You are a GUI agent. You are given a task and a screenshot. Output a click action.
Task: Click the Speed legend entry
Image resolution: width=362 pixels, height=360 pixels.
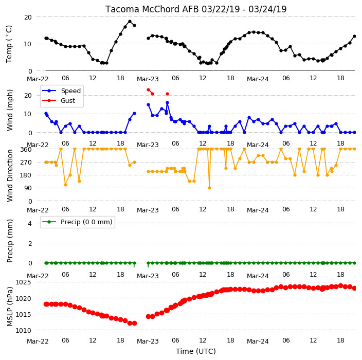click(x=61, y=91)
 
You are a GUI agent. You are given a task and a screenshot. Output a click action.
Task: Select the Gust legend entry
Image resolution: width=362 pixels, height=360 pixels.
click(x=59, y=101)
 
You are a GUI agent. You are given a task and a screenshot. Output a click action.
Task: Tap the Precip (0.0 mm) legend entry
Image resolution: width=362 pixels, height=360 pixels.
click(x=77, y=222)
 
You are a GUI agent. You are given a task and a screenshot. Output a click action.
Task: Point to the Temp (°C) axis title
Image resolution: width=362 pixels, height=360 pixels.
click(x=9, y=44)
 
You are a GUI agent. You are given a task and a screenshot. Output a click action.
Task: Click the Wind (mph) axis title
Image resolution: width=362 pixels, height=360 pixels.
click(x=9, y=110)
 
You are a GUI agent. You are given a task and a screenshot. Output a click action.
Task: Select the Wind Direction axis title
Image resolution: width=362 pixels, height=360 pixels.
click(x=9, y=175)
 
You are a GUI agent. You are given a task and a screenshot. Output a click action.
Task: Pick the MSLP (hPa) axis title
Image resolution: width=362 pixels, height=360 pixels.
click(x=9, y=307)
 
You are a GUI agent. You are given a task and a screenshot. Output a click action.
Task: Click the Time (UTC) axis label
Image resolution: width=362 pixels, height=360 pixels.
click(x=196, y=351)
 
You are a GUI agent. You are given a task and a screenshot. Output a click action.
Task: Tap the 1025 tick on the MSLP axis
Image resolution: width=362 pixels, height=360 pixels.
click(x=23, y=282)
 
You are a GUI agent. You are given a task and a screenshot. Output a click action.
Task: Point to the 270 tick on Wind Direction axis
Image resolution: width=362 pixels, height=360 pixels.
click(x=26, y=163)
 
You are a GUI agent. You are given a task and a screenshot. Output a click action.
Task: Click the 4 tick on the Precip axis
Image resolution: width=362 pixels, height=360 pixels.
click(x=30, y=223)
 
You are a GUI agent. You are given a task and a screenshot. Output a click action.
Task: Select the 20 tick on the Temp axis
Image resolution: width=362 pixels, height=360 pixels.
click(x=28, y=17)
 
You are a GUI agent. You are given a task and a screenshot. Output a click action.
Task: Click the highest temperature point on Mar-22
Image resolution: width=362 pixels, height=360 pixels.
click(x=130, y=22)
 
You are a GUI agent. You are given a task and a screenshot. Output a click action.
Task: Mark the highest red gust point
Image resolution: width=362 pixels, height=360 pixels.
click(x=148, y=90)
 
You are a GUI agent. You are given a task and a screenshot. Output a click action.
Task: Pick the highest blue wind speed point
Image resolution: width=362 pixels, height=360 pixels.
click(x=168, y=102)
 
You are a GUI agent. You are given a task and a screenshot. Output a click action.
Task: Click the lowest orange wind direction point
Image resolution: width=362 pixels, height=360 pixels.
click(x=209, y=188)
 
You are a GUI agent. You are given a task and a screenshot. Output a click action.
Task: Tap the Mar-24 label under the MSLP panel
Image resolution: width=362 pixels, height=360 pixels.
click(x=258, y=341)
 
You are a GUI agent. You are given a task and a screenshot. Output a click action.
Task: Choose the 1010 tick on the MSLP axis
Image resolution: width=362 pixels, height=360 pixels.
click(x=23, y=331)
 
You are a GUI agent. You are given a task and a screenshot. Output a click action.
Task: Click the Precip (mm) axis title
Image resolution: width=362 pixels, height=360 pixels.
click(x=9, y=241)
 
